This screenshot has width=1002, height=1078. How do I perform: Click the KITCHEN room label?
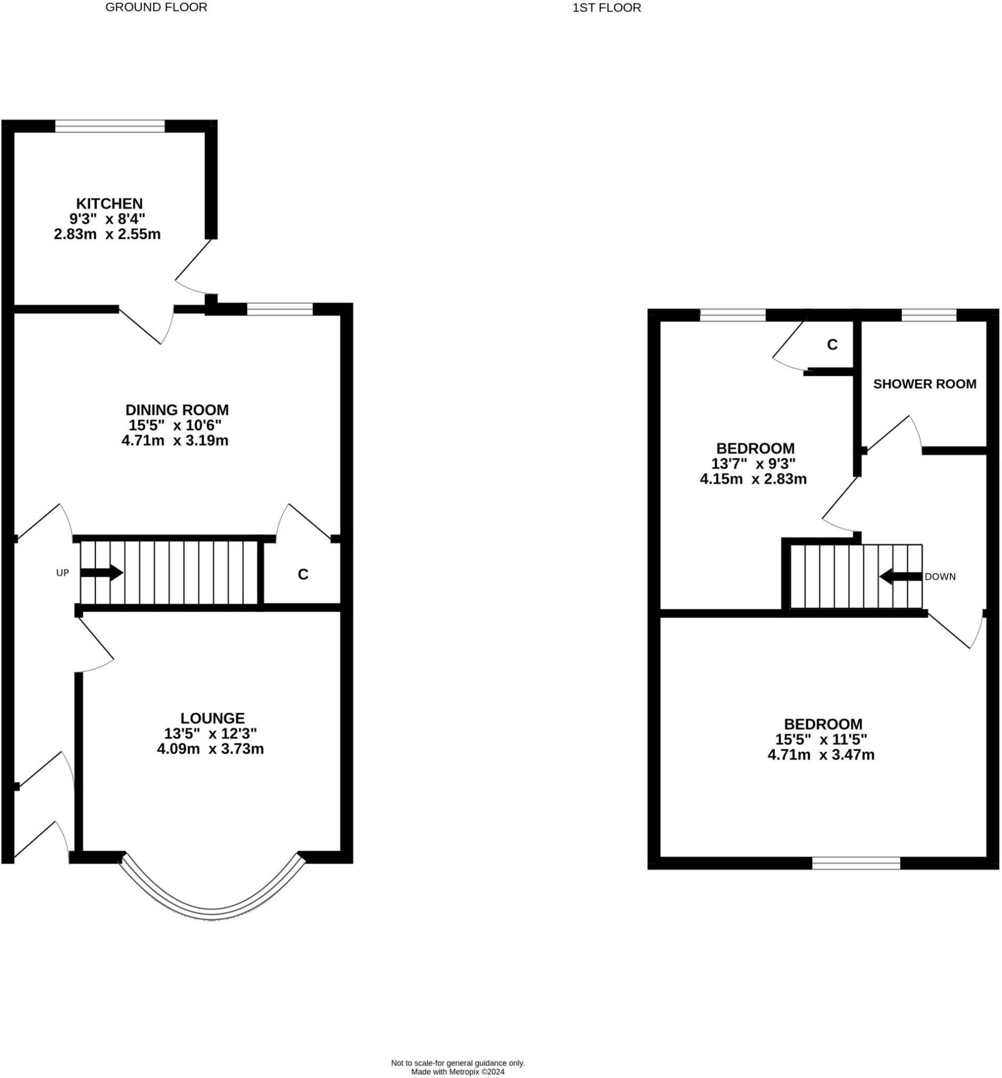point(109,204)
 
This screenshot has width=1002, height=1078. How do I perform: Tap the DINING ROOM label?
point(177,409)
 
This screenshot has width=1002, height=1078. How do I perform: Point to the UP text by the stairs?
point(62,573)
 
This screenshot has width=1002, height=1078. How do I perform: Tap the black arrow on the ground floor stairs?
point(101,573)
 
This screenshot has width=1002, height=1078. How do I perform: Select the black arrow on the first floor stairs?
point(900,577)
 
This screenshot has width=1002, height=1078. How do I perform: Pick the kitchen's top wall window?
point(110,126)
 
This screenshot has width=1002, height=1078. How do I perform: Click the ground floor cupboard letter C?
point(303,574)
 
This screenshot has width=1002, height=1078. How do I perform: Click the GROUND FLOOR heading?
point(156,7)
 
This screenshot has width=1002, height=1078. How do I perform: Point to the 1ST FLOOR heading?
point(606,8)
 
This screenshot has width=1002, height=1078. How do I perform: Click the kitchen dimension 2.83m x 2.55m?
point(108,234)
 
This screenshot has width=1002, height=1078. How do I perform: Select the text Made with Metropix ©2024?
point(458,1072)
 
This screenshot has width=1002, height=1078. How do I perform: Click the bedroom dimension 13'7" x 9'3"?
point(753,464)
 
